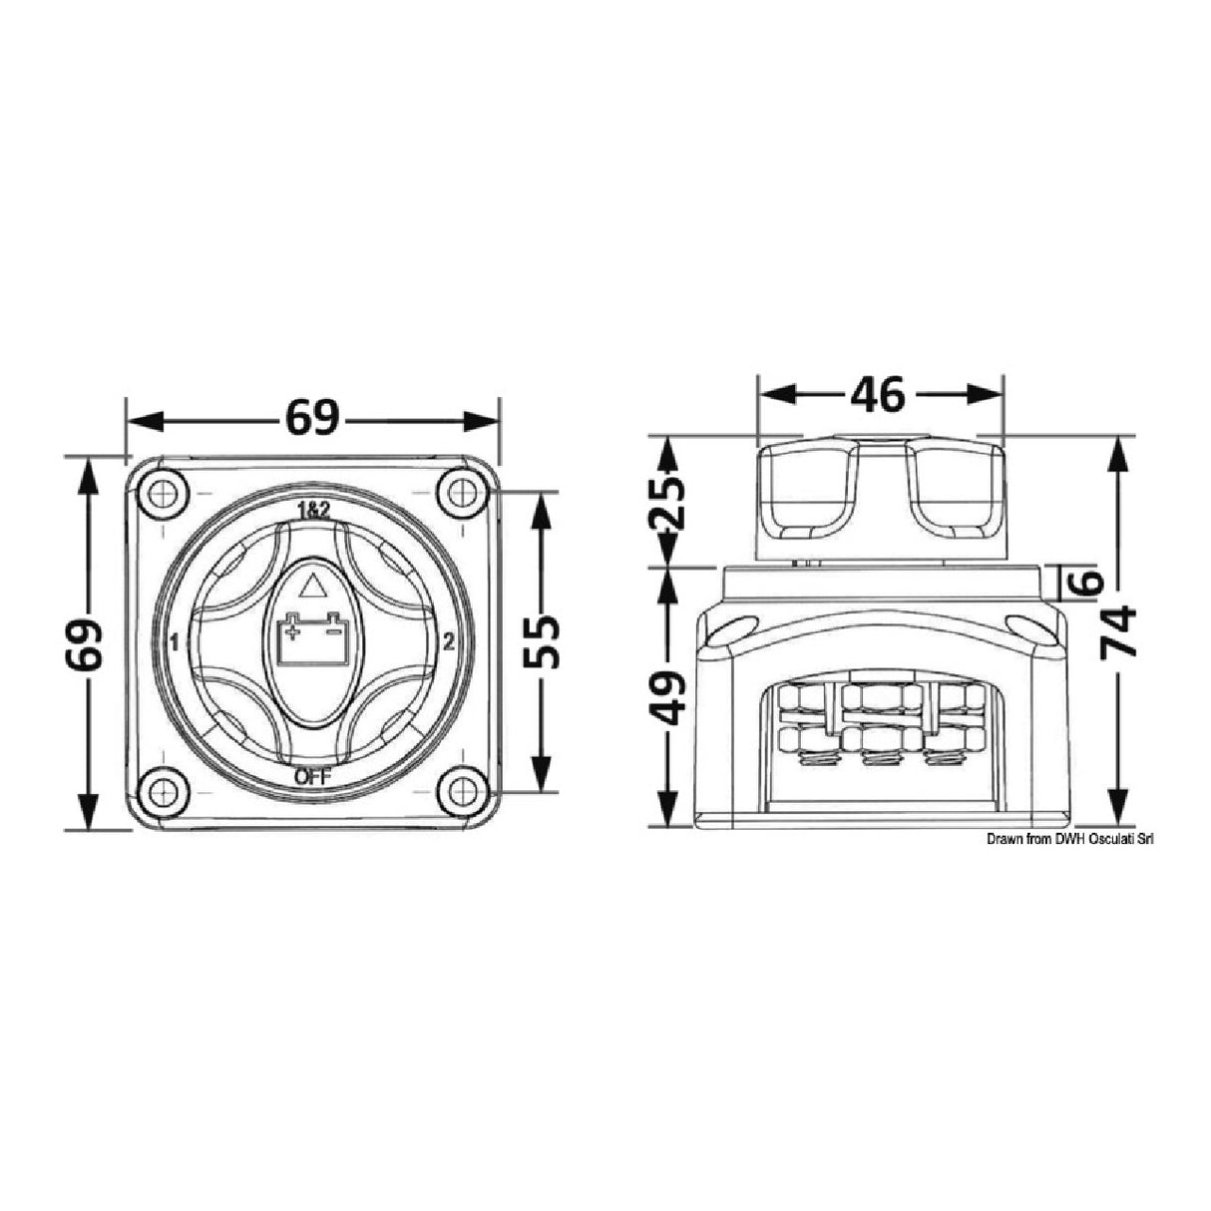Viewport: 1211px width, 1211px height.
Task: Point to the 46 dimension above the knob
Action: pos(878,395)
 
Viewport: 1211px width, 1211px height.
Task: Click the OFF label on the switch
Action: pos(312,777)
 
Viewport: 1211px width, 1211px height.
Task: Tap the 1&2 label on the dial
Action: pos(312,510)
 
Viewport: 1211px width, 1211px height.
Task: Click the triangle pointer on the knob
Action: pos(312,586)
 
